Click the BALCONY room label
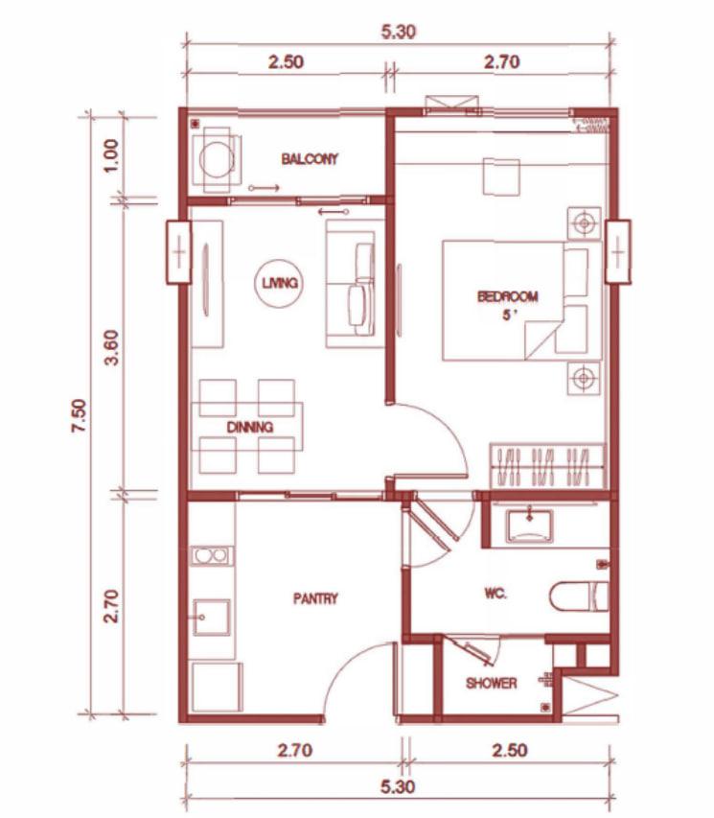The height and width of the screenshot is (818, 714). tap(310, 158)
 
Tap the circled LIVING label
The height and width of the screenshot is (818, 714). tap(280, 283)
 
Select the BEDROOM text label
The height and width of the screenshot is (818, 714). tap(507, 297)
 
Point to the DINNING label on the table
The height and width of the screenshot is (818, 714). tap(250, 428)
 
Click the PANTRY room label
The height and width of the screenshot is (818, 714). tap(315, 598)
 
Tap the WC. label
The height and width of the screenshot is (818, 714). tap(495, 594)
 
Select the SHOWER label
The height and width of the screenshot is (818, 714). tap(492, 683)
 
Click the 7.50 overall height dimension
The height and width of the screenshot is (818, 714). tap(79, 416)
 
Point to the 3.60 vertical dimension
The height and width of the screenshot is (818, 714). tap(111, 347)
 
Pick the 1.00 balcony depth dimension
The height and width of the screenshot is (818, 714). tap(111, 156)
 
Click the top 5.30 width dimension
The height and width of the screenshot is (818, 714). tap(399, 32)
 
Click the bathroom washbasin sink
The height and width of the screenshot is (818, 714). tap(530, 526)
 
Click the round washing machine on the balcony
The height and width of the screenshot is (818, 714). tap(217, 159)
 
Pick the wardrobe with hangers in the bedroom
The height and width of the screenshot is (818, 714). tap(547, 466)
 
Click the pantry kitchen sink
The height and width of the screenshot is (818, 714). tap(211, 618)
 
